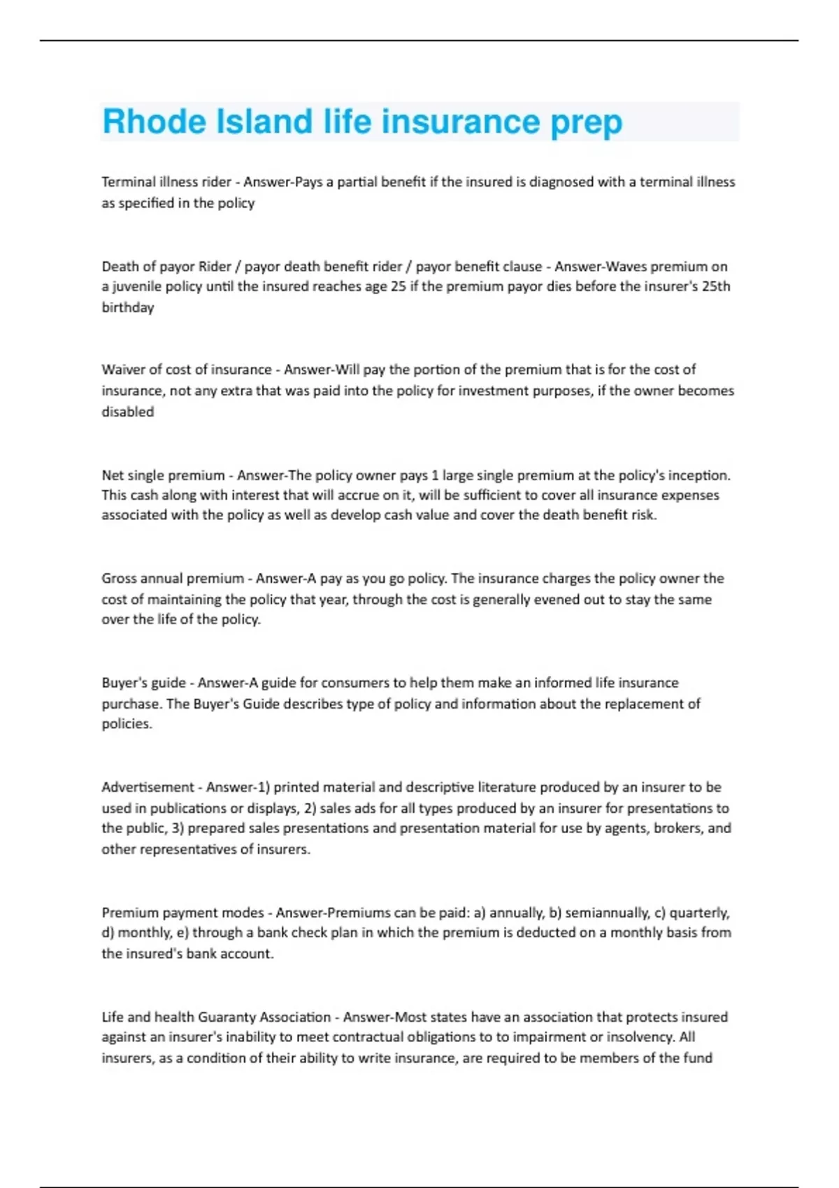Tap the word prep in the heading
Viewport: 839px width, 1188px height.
(x=586, y=123)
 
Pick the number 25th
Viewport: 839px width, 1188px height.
(x=714, y=287)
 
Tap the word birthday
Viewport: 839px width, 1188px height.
(x=128, y=307)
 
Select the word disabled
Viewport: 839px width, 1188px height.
(x=128, y=412)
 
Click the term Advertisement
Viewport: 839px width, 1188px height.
(x=148, y=788)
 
